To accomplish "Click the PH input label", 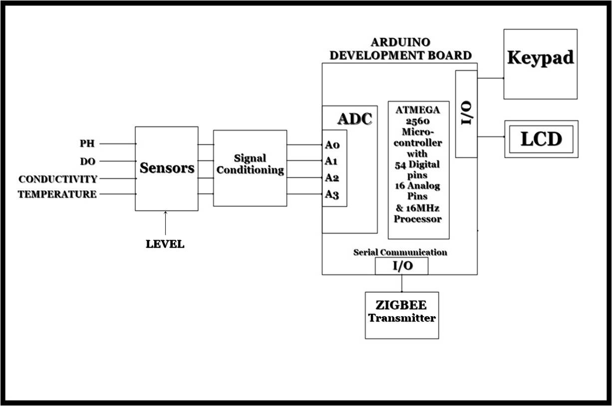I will click(x=87, y=144).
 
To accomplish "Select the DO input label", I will click(x=87, y=161).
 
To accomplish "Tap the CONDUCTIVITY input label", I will click(x=57, y=179).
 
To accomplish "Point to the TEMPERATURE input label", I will click(x=57, y=194).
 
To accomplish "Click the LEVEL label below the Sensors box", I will click(x=165, y=244).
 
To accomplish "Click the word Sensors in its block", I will click(x=167, y=168).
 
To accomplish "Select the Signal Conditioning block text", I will click(x=250, y=164).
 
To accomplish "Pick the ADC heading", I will click(x=354, y=119).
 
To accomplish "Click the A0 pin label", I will click(x=332, y=145).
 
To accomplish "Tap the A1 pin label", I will click(x=332, y=161).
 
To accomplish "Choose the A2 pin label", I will click(x=332, y=178).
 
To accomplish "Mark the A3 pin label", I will click(x=332, y=194).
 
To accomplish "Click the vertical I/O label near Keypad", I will click(x=466, y=114).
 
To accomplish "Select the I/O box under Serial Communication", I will click(x=401, y=266).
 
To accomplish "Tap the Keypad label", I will click(x=540, y=58).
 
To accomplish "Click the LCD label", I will click(x=541, y=139).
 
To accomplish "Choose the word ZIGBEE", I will click(x=402, y=306).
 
